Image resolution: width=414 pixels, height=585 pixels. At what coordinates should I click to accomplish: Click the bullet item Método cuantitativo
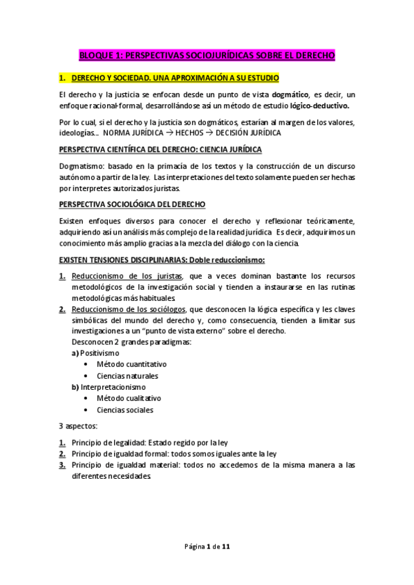(131, 364)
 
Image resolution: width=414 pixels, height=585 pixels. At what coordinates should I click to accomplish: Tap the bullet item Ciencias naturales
(127, 376)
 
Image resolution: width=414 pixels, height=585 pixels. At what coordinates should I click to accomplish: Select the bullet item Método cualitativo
(129, 399)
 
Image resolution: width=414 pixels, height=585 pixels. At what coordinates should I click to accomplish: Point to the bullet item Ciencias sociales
(125, 410)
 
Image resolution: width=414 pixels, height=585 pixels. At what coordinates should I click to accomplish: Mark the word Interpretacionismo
(113, 387)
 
